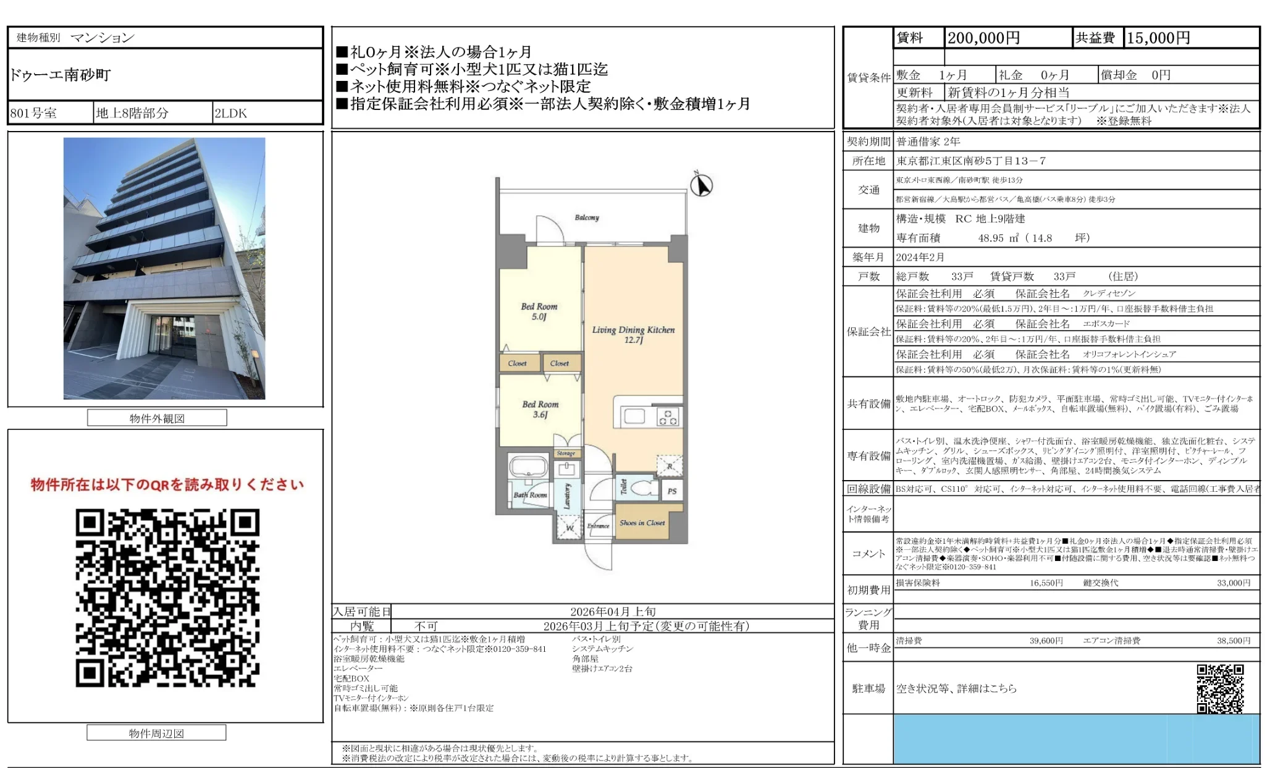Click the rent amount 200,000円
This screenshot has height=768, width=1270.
coord(983,38)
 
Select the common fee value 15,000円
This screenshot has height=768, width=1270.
coord(1158,38)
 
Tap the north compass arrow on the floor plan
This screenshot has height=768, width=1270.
coord(701,185)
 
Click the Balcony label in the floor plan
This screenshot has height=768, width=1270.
coord(586,217)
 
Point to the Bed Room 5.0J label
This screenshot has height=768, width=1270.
coord(539,311)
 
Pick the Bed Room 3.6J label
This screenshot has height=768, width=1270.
coord(540,409)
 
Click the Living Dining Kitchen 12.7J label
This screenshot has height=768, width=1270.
coord(633,334)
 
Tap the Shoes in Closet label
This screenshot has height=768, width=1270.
coord(642,523)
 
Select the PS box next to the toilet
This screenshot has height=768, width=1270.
coord(672,491)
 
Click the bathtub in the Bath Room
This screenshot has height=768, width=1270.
coord(528,467)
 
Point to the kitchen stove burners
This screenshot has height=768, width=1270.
coord(667,417)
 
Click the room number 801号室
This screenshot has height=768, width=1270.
coord(33,113)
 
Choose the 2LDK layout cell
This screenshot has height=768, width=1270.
coord(230,113)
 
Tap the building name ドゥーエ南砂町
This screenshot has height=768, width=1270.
coord(60,75)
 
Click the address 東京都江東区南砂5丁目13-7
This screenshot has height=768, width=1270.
coord(971,161)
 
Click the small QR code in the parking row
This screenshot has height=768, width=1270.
coord(1219,688)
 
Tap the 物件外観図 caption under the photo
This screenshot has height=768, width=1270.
coord(157,418)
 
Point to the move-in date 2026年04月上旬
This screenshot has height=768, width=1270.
coord(612,612)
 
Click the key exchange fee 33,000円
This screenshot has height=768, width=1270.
coord(1233,583)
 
